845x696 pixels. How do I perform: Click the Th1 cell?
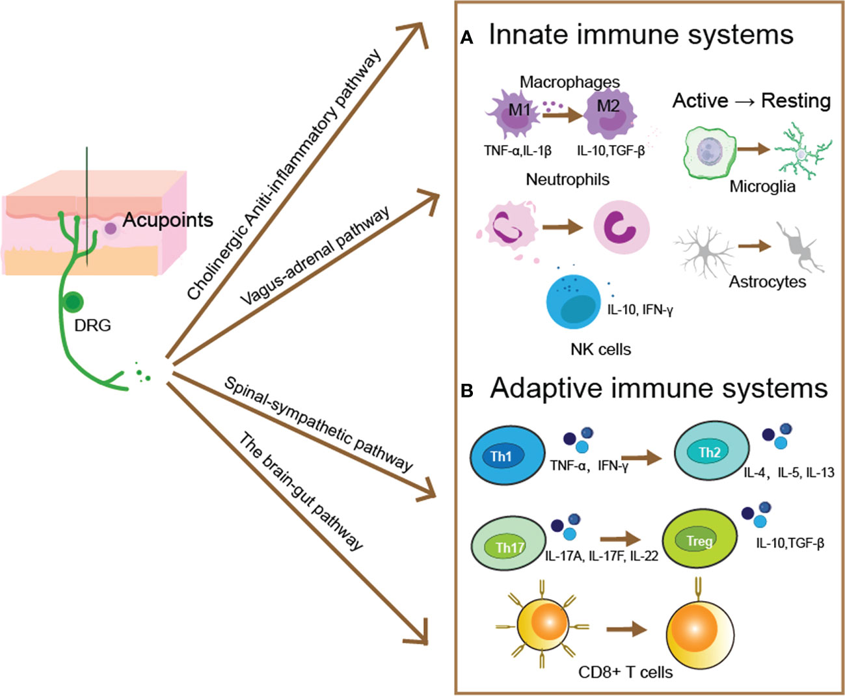tap(507, 456)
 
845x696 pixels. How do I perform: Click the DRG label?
tap(92, 325)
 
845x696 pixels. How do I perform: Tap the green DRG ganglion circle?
tap(73, 302)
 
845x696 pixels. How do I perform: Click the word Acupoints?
tap(168, 220)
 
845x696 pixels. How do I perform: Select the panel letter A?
tap(466, 38)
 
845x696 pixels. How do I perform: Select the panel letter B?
tap(466, 392)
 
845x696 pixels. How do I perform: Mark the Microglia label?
tap(762, 187)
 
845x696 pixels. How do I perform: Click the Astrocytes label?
tap(767, 282)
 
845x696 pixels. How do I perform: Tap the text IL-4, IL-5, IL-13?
tap(788, 473)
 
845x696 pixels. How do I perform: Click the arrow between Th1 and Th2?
tap(640, 458)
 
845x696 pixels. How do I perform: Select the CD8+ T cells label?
tap(625, 672)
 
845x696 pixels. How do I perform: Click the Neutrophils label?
tap(567, 180)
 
